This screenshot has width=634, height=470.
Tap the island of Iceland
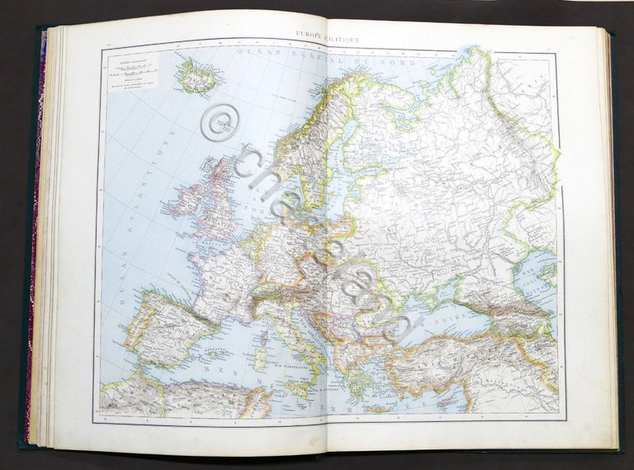(x=195, y=76)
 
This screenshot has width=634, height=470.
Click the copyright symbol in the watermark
(x=218, y=123)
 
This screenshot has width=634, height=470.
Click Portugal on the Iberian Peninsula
(x=130, y=339)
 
